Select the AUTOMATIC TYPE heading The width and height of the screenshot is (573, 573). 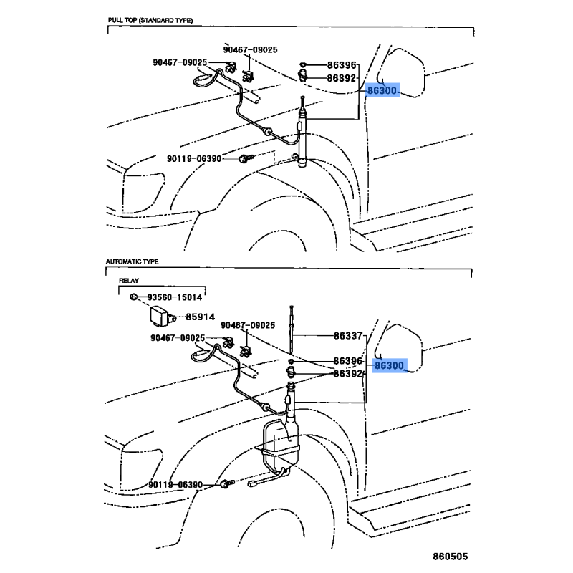pyautogui.click(x=133, y=263)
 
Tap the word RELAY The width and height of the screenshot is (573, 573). pyautogui.click(x=129, y=282)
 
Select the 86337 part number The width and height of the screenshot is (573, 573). pyautogui.click(x=350, y=335)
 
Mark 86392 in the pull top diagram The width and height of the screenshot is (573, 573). pyautogui.click(x=342, y=79)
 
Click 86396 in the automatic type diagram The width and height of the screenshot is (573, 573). pyautogui.click(x=349, y=361)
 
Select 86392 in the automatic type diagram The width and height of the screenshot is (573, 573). pyautogui.click(x=349, y=373)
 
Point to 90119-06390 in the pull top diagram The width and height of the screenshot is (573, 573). pyautogui.click(x=194, y=158)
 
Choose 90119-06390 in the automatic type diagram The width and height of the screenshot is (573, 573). pyautogui.click(x=177, y=485)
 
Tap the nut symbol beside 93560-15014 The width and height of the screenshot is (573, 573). pyautogui.click(x=134, y=297)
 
